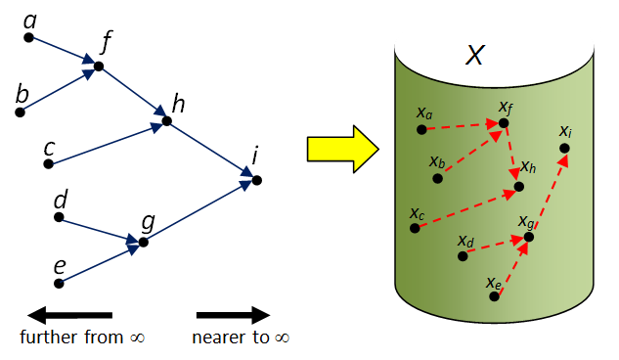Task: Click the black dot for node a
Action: (x=29, y=38)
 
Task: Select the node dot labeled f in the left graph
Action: (x=98, y=67)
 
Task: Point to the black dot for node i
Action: (x=256, y=179)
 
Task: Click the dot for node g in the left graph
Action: (x=144, y=242)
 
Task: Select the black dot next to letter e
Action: (x=59, y=284)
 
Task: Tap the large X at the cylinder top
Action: (x=474, y=56)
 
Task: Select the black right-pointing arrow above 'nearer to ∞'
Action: (x=233, y=315)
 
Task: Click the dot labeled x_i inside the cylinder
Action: (x=564, y=149)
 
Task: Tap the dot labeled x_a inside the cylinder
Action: (x=420, y=129)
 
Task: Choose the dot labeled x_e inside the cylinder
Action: (x=495, y=295)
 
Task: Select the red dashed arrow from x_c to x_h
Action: (x=464, y=207)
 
